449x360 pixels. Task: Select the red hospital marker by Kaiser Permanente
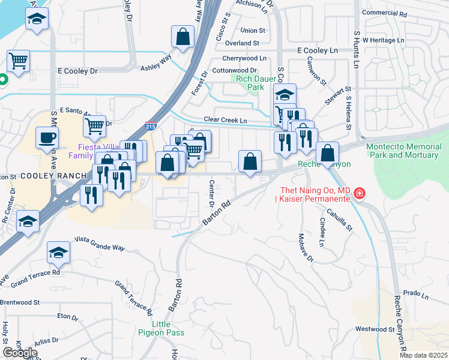359,194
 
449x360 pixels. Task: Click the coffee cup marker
47,138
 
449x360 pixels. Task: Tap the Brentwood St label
20,302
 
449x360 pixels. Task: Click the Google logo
20,353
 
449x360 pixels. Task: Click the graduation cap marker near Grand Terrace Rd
59,253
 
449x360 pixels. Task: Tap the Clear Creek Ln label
225,121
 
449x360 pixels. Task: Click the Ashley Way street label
155,63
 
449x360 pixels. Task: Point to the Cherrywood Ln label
244,58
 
